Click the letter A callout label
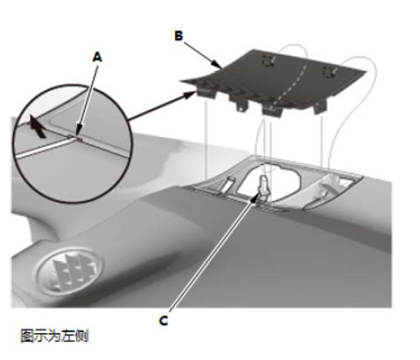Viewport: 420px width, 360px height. pos(97,58)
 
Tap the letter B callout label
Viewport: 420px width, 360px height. pos(179,36)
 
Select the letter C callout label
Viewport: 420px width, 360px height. pos(163,321)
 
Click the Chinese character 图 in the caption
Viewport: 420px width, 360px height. pos(27,336)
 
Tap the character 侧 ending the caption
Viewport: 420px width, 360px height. pos(82,336)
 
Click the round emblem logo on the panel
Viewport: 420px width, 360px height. pos(70,270)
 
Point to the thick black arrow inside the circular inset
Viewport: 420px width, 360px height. pos(37,127)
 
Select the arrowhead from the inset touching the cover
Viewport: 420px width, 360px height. pos(190,95)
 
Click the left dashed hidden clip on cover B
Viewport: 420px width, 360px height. pos(268,61)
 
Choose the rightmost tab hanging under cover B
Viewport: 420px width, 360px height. pos(320,107)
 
